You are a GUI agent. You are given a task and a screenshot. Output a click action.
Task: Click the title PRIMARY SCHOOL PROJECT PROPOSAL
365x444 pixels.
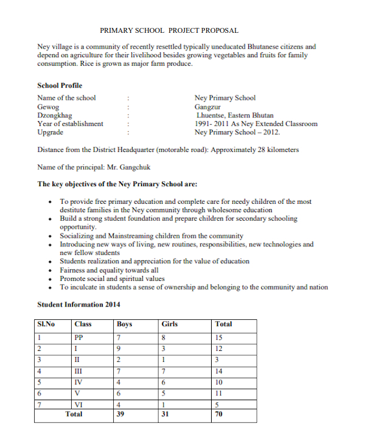tap(169, 30)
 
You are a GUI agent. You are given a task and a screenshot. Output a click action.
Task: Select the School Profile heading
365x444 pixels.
tap(60, 86)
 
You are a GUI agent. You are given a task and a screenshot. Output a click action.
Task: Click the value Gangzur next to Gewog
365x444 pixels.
tap(207, 106)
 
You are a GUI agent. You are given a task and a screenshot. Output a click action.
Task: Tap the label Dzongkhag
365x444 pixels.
tap(55, 115)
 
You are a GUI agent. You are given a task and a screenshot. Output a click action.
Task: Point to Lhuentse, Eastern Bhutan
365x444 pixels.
tap(235, 115)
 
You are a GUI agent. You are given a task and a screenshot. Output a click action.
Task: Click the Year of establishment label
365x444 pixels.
tap(70, 123)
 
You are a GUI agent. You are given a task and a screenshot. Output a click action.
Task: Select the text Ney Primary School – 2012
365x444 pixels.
tap(237, 132)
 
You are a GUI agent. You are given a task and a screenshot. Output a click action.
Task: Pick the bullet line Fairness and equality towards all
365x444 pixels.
tap(109, 270)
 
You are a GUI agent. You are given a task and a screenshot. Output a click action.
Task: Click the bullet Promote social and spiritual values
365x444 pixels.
tap(112, 279)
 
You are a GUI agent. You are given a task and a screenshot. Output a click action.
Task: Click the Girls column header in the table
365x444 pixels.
tap(170, 325)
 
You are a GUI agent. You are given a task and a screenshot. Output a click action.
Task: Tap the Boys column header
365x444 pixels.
tap(124, 325)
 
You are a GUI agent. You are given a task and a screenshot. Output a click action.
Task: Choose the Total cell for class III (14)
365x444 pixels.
tap(220, 370)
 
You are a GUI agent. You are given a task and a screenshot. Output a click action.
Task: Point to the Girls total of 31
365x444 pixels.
tap(165, 415)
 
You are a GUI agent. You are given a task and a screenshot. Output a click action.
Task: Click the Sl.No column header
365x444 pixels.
tap(46, 325)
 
